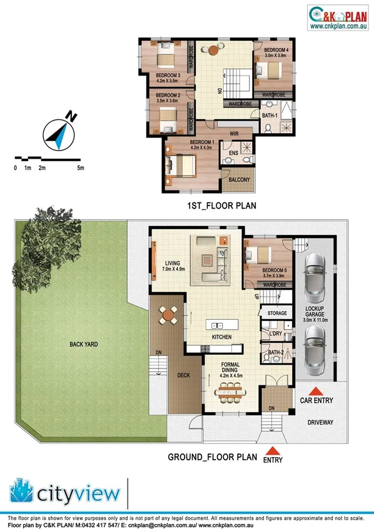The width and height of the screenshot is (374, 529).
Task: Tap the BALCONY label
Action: tap(239, 180)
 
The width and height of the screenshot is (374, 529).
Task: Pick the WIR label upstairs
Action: tap(235, 134)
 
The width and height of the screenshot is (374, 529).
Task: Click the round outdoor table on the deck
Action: tap(168, 317)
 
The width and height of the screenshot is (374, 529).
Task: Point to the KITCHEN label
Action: tap(221, 337)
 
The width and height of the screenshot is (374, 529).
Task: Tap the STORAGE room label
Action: tap(276, 313)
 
